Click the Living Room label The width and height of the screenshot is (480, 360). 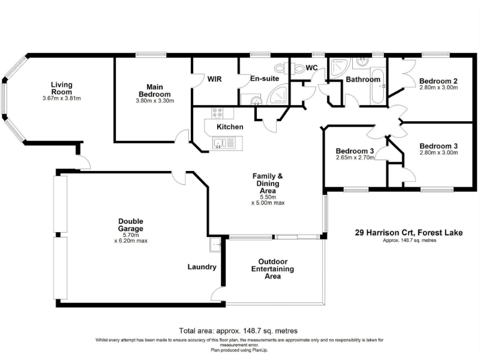click(x=62, y=88)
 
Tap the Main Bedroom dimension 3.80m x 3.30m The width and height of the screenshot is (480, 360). click(x=155, y=101)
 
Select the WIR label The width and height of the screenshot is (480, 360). click(x=214, y=79)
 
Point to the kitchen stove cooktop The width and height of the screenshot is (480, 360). click(x=218, y=113)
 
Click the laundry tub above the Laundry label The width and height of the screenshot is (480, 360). click(x=215, y=245)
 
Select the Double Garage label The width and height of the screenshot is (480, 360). click(x=131, y=225)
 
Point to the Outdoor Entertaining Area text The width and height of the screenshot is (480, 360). click(x=272, y=269)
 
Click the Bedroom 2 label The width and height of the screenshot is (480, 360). click(x=439, y=81)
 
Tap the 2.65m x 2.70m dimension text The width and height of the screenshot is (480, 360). click(x=355, y=158)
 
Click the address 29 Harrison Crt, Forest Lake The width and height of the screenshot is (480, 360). click(x=409, y=233)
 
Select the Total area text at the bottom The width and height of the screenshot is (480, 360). click(x=238, y=331)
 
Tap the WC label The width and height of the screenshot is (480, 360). click(x=311, y=68)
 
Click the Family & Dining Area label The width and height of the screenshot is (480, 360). click(x=268, y=184)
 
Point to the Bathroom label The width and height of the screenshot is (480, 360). click(x=363, y=80)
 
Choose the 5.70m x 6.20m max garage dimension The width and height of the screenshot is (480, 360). click(x=131, y=238)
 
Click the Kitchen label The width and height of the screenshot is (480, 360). click(x=230, y=127)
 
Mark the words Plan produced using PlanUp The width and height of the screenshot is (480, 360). click(x=239, y=350)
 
